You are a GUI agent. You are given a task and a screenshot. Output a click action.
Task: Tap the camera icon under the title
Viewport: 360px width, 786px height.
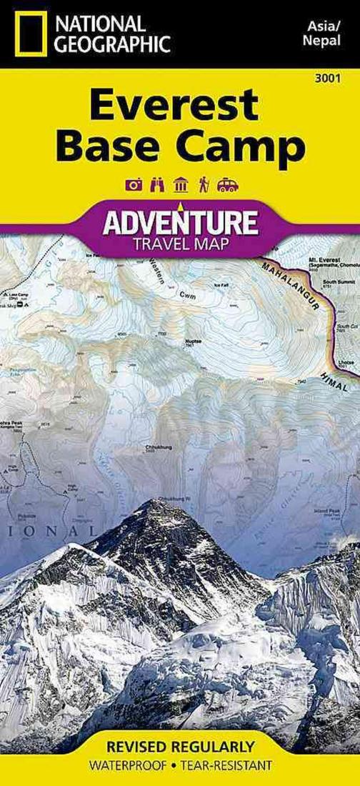pyautogui.click(x=134, y=185)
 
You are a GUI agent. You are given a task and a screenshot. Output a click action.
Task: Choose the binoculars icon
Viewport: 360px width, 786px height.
pyautogui.click(x=158, y=185)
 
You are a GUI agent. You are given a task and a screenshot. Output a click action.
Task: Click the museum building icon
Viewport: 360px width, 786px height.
pyautogui.click(x=181, y=185)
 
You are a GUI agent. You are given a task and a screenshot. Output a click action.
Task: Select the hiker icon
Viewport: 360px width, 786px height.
pyautogui.click(x=203, y=185)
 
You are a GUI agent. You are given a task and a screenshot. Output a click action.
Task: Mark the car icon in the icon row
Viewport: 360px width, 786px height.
pyautogui.click(x=227, y=185)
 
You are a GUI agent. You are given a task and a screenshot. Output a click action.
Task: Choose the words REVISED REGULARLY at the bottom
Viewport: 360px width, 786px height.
pyautogui.click(x=180, y=747)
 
